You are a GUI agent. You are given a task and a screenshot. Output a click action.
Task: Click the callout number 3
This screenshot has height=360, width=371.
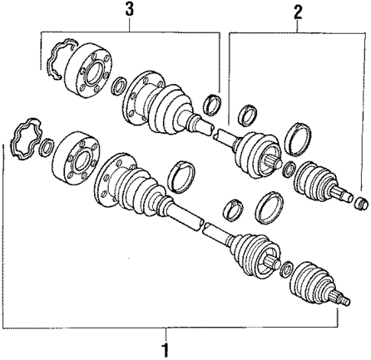pyautogui.click(x=129, y=8)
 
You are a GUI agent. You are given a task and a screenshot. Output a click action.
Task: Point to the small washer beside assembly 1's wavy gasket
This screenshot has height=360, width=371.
pyautogui.click(x=47, y=144)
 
